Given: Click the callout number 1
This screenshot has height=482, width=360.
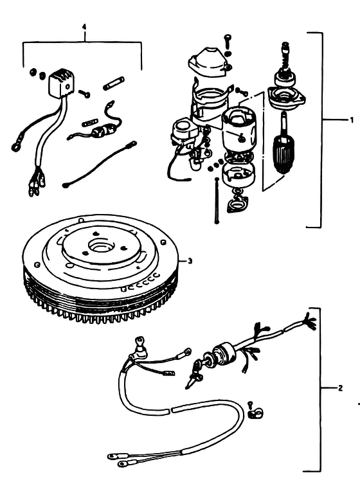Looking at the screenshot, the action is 352,120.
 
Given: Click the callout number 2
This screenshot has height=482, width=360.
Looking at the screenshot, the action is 340,388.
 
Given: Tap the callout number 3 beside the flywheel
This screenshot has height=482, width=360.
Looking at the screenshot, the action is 190,261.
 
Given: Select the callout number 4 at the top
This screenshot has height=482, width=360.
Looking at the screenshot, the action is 85,27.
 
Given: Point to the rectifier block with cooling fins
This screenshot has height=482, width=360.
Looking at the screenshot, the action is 62,82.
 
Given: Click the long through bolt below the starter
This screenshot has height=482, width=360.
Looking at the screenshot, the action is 217,201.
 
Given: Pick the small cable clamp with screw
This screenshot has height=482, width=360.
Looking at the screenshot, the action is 255,411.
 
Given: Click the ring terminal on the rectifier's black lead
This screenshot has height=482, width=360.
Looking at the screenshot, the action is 15,148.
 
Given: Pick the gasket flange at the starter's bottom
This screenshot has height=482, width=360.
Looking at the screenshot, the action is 236,205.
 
